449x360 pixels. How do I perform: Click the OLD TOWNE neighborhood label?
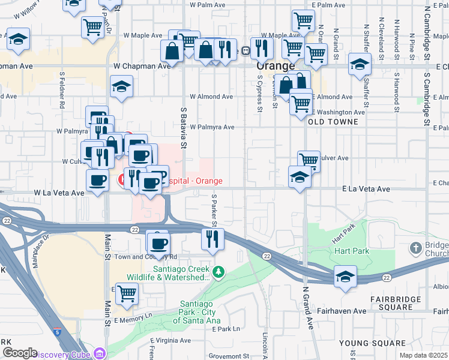pos(333,122)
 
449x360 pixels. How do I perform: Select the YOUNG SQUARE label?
pos(364,343)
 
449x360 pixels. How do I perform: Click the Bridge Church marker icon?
pos(415,247)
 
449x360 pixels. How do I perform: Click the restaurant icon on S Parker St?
pos(212,238)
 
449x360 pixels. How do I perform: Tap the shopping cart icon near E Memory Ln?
pos(127,294)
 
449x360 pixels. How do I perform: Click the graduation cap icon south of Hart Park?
pos(345,277)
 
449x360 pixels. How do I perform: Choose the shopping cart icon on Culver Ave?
pos(309,160)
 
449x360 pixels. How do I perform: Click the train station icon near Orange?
pos(246,51)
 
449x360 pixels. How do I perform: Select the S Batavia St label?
pos(183,128)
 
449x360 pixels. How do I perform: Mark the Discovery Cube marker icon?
pos(98,353)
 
